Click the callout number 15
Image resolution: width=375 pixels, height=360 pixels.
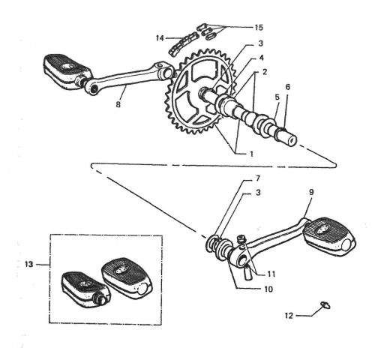click(x=259, y=27)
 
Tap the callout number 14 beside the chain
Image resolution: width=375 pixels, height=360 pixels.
click(x=160, y=38)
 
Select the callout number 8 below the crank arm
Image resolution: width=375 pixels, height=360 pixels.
click(x=118, y=104)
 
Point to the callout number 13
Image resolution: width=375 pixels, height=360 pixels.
click(x=29, y=264)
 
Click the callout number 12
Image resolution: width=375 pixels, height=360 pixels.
click(x=289, y=316)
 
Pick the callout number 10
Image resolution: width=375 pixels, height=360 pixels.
click(x=268, y=289)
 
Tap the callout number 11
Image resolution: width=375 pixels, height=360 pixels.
click(x=271, y=274)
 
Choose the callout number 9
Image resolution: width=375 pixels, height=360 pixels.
click(x=311, y=192)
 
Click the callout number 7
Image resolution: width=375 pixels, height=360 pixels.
click(x=258, y=178)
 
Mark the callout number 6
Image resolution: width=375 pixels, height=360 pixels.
click(x=288, y=87)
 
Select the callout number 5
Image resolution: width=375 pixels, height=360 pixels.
click(x=277, y=97)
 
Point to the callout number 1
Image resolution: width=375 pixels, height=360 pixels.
click(x=251, y=154)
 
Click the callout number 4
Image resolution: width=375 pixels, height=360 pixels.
click(x=261, y=58)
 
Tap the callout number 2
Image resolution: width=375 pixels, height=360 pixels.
click(x=265, y=72)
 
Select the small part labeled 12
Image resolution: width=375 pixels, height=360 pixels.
click(x=325, y=305)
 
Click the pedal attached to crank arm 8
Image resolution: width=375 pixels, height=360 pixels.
click(x=67, y=72)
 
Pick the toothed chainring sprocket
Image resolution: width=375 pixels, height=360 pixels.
click(x=200, y=92)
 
